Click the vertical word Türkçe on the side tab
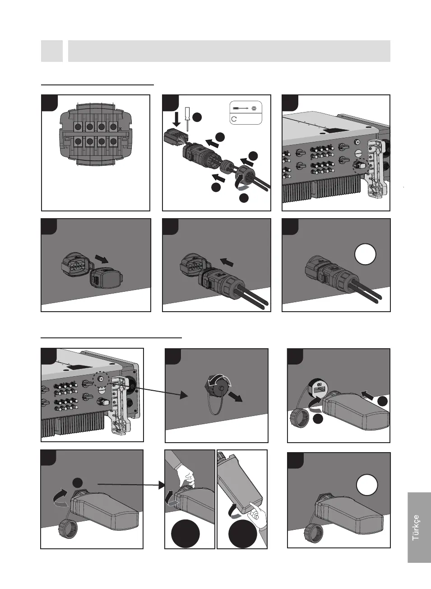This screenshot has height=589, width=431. [x=416, y=527]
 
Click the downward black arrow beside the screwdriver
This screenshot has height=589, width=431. [x=177, y=119]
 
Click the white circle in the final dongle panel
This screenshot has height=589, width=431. [x=367, y=486]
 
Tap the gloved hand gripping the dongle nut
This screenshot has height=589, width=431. [x=185, y=474]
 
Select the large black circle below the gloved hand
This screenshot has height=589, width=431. [x=185, y=534]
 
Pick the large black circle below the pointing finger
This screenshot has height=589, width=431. [x=243, y=534]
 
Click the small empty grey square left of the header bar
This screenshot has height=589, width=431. [x=52, y=51]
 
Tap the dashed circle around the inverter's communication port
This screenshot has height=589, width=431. [x=101, y=379]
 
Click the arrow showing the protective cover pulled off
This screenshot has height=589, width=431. [x=102, y=260]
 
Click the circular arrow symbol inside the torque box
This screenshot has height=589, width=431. [x=234, y=119]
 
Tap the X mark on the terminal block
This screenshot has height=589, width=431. [x=119, y=129]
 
